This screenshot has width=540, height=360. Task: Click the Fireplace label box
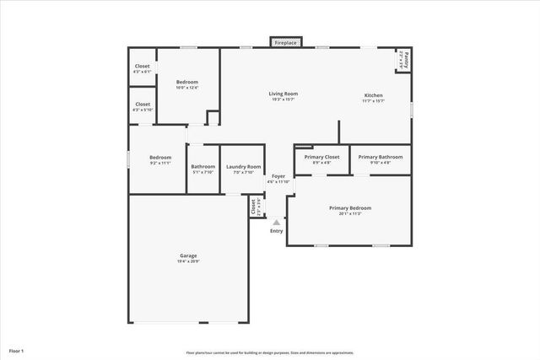point(284,42)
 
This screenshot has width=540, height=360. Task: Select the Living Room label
point(283,94)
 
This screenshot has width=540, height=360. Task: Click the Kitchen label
point(373,94)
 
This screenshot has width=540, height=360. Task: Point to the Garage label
point(188,255)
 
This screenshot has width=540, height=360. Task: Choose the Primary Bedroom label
point(349,207)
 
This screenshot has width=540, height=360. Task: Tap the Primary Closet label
point(321,157)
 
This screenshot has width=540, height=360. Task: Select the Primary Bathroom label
point(379,157)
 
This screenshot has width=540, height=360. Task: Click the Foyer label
point(278,175)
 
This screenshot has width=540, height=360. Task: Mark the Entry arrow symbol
point(276,222)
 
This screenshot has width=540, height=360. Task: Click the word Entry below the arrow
point(276,231)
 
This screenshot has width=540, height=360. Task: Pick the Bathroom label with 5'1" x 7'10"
point(202,166)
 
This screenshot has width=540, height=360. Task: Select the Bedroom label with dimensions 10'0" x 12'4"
point(186,82)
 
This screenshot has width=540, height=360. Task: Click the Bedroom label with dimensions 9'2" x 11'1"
point(160,158)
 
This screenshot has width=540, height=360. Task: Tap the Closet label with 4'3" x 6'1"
point(143,66)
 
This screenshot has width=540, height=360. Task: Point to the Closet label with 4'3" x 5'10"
point(143,104)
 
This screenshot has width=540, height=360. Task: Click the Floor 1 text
point(17,350)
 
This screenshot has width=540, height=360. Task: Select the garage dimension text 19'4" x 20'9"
point(188,261)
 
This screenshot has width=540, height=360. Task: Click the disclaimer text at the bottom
point(270,352)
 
